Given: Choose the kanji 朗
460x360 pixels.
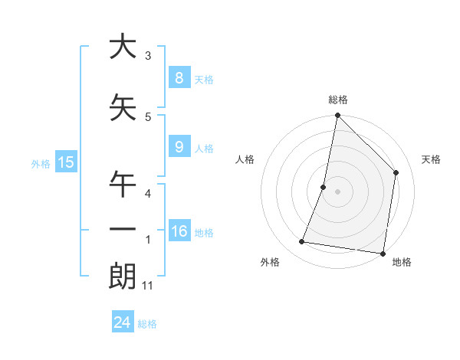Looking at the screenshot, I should click(123, 276).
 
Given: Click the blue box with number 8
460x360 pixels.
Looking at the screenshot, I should click(179, 77).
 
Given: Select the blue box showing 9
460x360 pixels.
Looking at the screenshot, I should click(179, 147).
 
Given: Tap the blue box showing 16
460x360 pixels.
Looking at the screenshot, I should click(179, 231).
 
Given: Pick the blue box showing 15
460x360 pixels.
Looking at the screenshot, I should click(66, 162).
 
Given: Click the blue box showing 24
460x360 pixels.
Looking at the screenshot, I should click(122, 322).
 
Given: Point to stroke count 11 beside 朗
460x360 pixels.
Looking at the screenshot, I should click(148, 286).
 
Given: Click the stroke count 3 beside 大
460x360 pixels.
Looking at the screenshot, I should click(148, 56).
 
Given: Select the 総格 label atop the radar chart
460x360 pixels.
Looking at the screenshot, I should click(338, 100).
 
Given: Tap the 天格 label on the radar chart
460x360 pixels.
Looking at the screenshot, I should click(431, 159).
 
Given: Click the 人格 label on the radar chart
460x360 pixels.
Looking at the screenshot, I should click(245, 159).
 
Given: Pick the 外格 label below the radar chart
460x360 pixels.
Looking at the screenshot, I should click(270, 262).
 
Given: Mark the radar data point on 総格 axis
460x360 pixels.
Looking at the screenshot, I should click(338, 116).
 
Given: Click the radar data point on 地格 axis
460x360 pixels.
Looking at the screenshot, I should click(383, 253).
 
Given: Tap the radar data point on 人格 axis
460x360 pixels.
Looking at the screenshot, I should click(324, 187).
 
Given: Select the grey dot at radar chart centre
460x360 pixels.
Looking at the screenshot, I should click(338, 191).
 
